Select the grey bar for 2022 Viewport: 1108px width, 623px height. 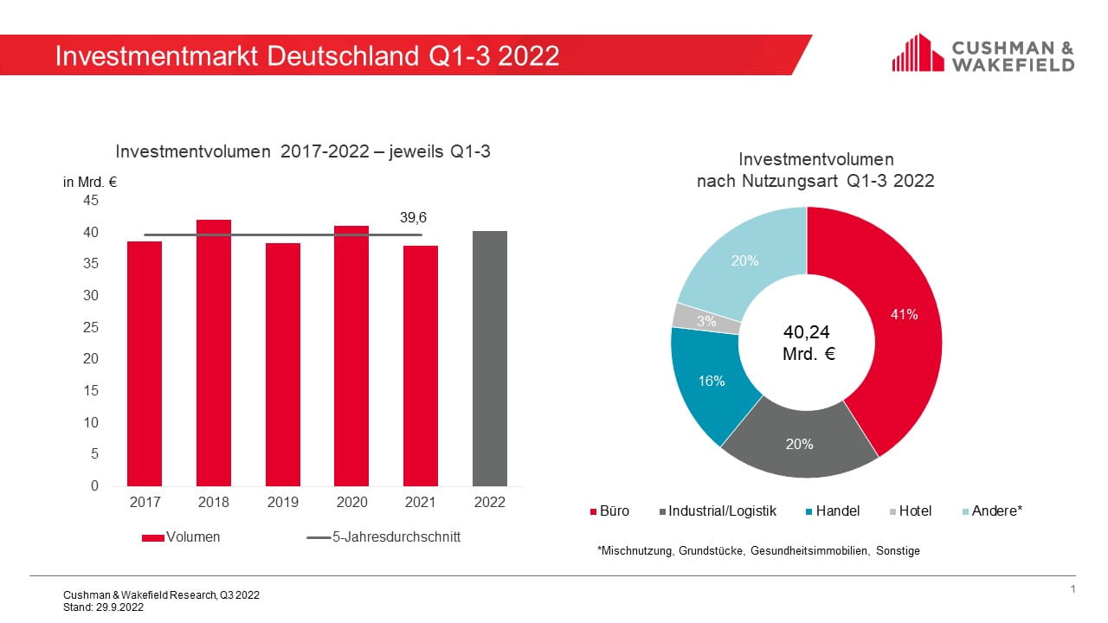tap(490, 358)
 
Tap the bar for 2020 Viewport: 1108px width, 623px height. tap(351, 356)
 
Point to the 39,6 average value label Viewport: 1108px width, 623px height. tap(413, 217)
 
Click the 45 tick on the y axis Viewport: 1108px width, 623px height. tap(91, 200)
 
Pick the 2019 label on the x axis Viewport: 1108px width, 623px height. tap(282, 502)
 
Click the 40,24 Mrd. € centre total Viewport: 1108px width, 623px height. tap(807, 343)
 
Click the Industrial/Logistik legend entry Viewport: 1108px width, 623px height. tap(722, 511)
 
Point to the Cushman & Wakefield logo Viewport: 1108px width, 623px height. tap(983, 54)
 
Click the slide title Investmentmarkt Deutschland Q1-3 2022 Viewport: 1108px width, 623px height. tap(307, 55)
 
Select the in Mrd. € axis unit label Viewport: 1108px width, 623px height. tap(90, 182)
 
